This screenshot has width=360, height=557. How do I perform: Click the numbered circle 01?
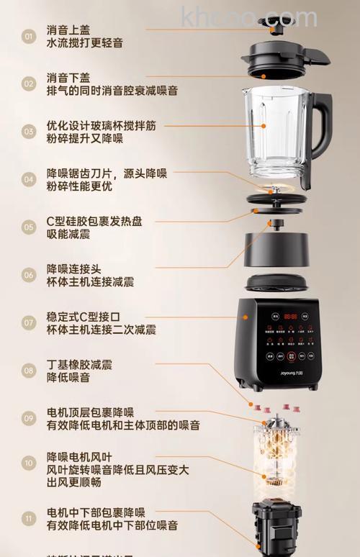tap(29, 36)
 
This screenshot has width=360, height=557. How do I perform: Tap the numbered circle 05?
tap(29, 227)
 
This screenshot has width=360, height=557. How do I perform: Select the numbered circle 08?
tap(29, 371)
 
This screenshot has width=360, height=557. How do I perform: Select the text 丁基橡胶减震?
tap(79, 364)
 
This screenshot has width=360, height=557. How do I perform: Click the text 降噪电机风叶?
tap(79, 457)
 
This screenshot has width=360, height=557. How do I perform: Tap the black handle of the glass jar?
tap(323, 133)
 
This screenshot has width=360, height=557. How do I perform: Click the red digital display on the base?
tap(290, 316)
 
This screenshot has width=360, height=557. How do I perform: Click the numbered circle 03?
tap(29, 132)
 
